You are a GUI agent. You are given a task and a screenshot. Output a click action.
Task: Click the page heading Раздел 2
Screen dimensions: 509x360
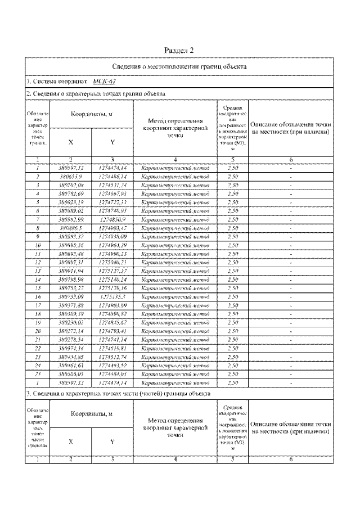(180, 50)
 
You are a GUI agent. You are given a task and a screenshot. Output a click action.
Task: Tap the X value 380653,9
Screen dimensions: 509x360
(71, 177)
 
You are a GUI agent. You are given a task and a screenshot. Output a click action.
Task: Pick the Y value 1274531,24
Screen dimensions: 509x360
(112, 184)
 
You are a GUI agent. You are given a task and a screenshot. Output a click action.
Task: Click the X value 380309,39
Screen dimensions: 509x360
(71, 313)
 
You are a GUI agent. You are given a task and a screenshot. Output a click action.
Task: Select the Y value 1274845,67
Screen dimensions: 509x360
(112, 322)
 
